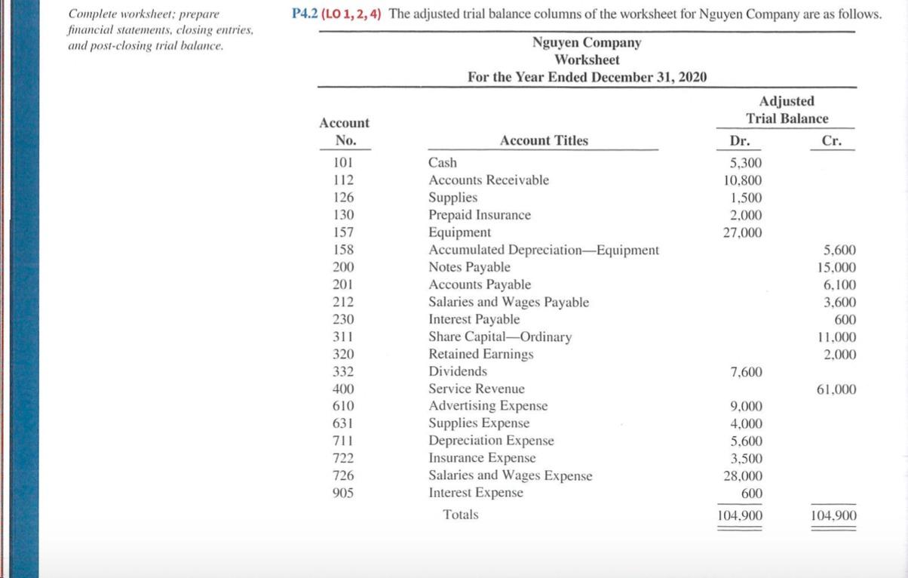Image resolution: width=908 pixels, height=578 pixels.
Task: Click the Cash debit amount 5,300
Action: point(747,162)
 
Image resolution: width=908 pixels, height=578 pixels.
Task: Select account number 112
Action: point(343,180)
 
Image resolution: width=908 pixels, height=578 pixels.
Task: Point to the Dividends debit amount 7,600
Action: point(747,372)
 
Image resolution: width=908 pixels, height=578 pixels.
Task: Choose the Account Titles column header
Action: point(544,140)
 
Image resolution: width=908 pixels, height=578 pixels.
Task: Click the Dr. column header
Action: point(739,140)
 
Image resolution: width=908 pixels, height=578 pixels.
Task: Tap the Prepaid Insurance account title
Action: point(479,215)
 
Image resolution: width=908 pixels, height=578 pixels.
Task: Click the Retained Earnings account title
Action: point(480,354)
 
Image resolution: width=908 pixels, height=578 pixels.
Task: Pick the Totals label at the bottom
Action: point(460,515)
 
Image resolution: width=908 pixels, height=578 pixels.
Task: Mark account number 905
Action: point(343,493)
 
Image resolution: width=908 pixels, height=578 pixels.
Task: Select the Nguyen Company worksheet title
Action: point(586,43)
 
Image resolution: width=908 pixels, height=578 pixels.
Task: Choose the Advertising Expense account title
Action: point(488,406)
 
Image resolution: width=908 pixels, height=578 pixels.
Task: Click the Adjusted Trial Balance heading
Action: point(787,109)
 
